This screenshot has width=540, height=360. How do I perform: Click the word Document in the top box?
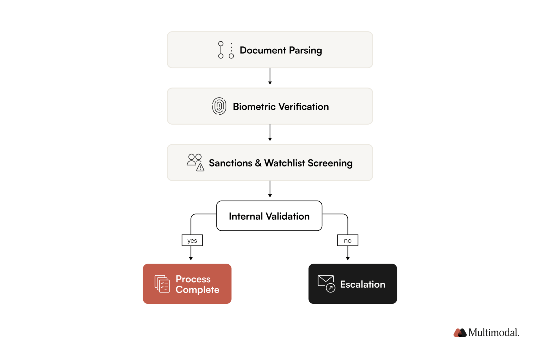pos(262,50)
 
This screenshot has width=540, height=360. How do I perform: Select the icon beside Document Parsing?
pos(226,50)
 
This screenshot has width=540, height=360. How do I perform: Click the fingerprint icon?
pos(219,106)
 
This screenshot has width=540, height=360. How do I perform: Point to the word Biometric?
pos(254,107)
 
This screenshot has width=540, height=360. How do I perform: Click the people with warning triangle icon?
pos(195,162)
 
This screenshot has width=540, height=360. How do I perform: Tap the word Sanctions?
pos(230,163)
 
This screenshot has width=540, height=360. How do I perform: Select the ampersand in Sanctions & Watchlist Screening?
pos(258,163)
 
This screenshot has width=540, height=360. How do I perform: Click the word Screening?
pos(330,163)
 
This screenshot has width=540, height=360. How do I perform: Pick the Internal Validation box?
pos(269,216)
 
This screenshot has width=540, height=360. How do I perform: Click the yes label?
pos(192,240)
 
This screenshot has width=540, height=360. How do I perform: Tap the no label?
pos(348,240)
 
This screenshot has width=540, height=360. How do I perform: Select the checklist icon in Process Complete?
pos(162,284)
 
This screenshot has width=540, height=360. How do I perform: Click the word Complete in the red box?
pos(197,290)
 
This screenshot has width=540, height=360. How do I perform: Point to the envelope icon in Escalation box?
pos(326,283)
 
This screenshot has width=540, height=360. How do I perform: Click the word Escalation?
pos(363,284)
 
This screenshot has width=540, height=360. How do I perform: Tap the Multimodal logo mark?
pos(460,333)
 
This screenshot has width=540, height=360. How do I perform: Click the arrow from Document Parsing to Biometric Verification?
pos(270,76)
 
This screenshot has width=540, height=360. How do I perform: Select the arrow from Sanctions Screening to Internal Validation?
pos(270,189)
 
